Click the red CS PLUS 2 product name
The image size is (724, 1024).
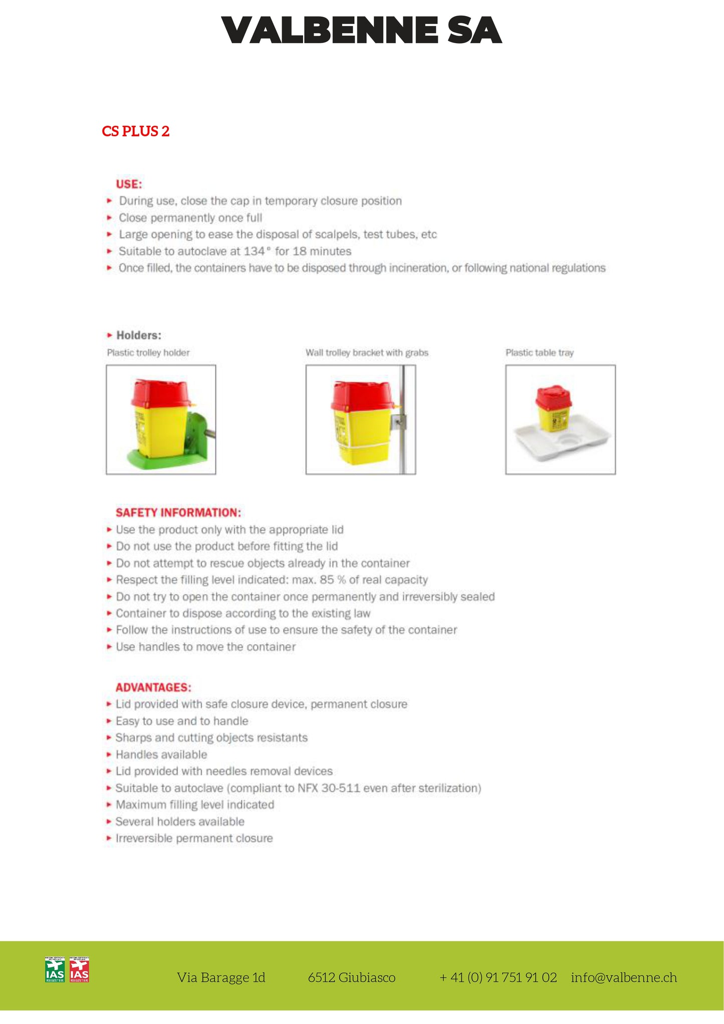coord(135,131)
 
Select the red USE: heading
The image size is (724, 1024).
coord(129,184)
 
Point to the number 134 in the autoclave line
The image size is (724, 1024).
coord(254,251)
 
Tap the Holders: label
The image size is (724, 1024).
coord(138,335)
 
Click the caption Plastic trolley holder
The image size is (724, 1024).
coord(148,353)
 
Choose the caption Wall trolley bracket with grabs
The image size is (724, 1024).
coord(367,353)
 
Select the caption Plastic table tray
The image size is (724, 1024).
coord(539,353)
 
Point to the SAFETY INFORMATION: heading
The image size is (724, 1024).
coord(178,513)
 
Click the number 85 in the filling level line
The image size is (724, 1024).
coord(327,580)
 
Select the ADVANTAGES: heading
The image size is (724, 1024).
coord(153,687)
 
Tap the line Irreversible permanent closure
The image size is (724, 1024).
coord(194,838)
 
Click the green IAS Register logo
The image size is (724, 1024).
coord(55,970)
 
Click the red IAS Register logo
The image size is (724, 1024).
coord(79,970)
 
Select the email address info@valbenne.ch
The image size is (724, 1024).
coord(624,977)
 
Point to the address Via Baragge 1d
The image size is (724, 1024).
coord(221,977)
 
